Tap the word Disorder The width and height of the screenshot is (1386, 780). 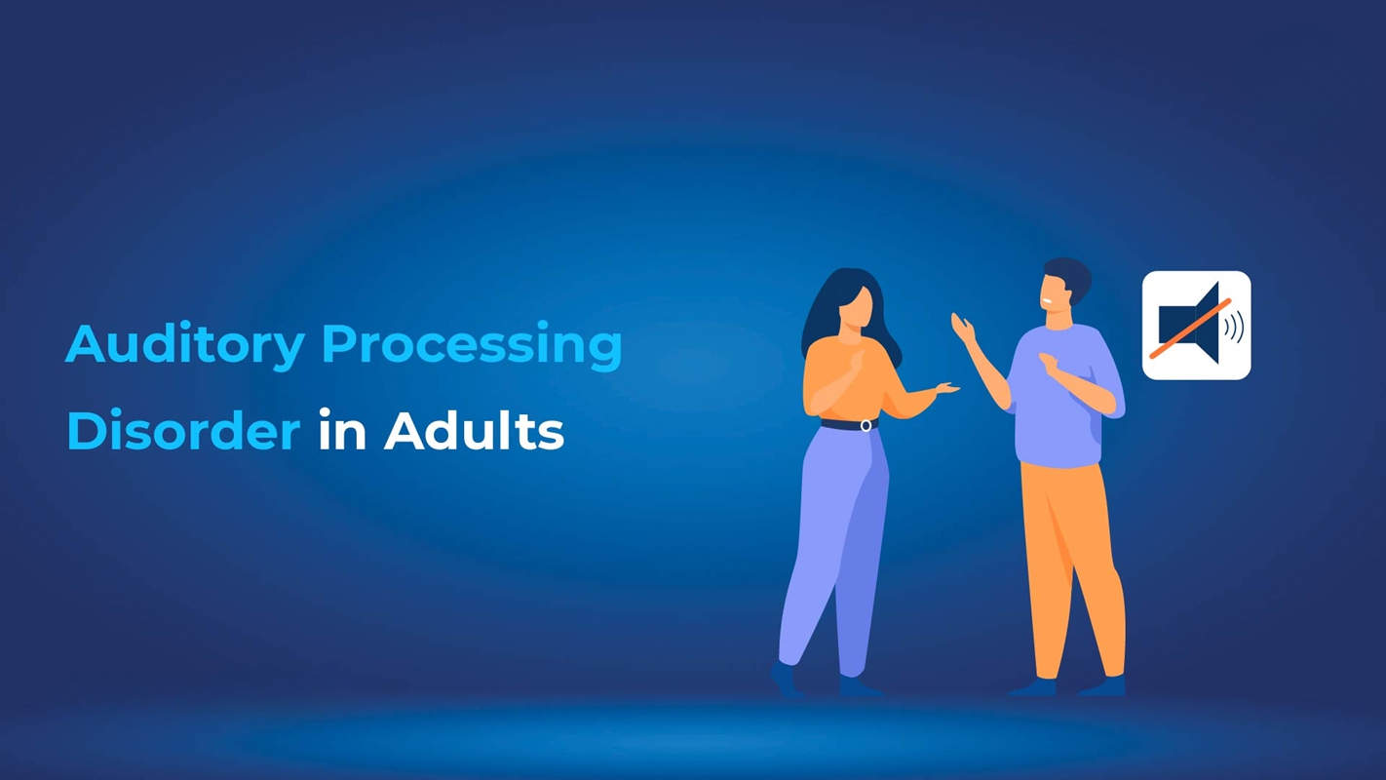[183, 431]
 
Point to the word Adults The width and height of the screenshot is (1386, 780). [474, 431]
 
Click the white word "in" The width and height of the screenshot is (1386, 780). [341, 431]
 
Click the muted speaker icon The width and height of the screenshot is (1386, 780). [1196, 326]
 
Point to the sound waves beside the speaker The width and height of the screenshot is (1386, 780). [1234, 326]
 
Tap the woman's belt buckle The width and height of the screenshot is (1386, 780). [866, 425]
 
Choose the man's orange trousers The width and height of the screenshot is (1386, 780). [1067, 556]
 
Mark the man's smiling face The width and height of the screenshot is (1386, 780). [1053, 292]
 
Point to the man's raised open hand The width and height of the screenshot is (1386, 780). [962, 329]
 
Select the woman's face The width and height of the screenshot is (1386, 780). [855, 307]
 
